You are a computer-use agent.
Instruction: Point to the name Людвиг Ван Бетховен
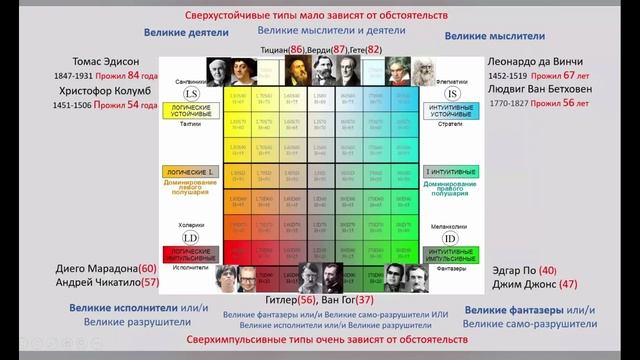tap(544, 89)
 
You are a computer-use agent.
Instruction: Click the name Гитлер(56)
tap(291, 300)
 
